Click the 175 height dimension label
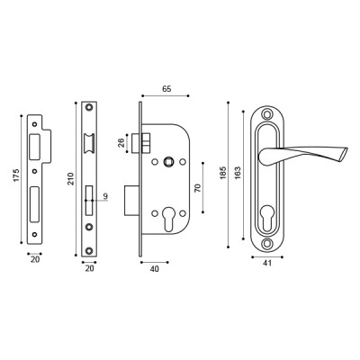coord(16,175)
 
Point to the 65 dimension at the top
coord(166,89)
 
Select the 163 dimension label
coord(237,171)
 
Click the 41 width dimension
coord(267,264)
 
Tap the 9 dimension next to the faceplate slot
coord(105,196)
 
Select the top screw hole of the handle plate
coord(267,114)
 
